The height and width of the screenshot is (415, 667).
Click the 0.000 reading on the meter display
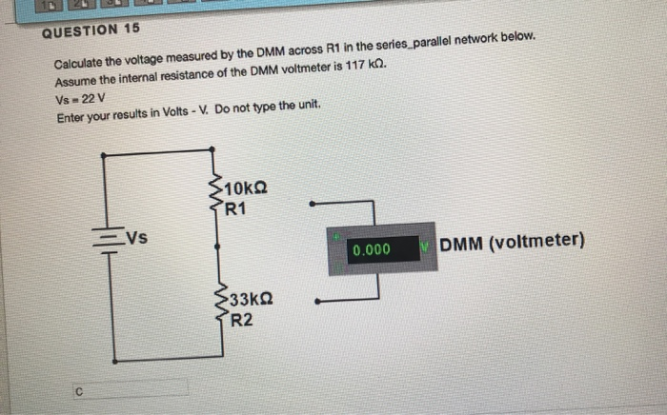371,250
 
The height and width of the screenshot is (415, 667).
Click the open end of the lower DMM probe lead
315,303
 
